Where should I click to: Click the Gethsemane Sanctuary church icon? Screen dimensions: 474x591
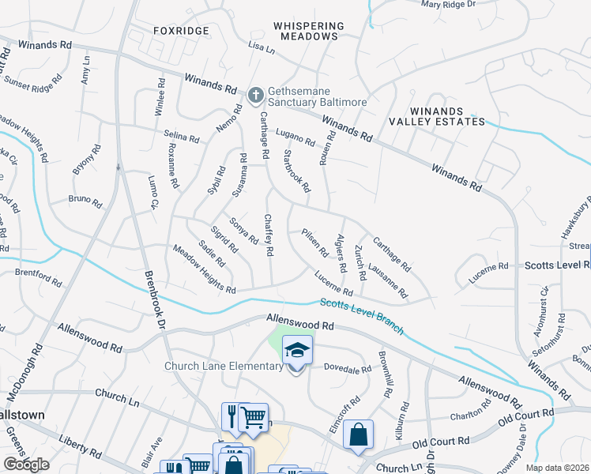coord(254,96)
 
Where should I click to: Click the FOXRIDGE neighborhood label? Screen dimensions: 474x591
coord(182,31)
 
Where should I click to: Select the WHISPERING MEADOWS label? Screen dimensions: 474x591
coord(306,31)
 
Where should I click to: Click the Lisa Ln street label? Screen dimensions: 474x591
coord(261,49)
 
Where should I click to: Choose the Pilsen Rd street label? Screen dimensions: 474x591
coord(314,243)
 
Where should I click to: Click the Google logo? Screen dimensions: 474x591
coord(26,465)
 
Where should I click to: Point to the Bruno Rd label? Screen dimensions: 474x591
coord(85,201)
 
